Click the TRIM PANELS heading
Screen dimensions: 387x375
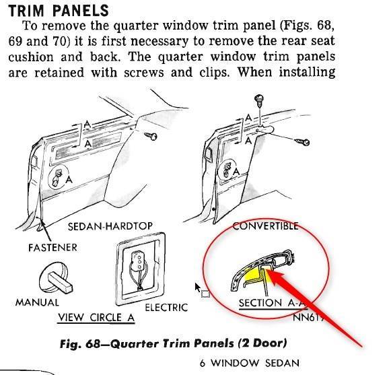click(x=59, y=11)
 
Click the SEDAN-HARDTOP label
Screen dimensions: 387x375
click(x=110, y=226)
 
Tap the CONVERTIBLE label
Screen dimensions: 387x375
click(x=265, y=226)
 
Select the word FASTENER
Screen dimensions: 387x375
click(x=52, y=248)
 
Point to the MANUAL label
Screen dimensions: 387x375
click(x=37, y=302)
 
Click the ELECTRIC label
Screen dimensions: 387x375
click(x=166, y=308)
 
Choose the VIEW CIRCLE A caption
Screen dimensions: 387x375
click(x=96, y=318)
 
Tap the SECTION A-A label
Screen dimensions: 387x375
click(x=273, y=303)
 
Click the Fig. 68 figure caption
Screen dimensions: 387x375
click(x=174, y=343)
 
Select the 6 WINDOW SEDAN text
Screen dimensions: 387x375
click(x=250, y=363)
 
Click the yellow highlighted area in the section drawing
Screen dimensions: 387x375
click(x=252, y=275)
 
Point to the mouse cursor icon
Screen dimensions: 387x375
click(x=198, y=287)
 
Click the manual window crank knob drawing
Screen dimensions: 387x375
click(x=56, y=278)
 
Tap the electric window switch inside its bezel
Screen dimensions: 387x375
click(x=137, y=271)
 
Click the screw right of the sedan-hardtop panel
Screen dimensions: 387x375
click(x=150, y=135)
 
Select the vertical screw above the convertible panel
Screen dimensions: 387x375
click(x=259, y=101)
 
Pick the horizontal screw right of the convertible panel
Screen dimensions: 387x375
click(x=302, y=141)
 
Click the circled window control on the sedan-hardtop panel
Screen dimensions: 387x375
click(x=59, y=176)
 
